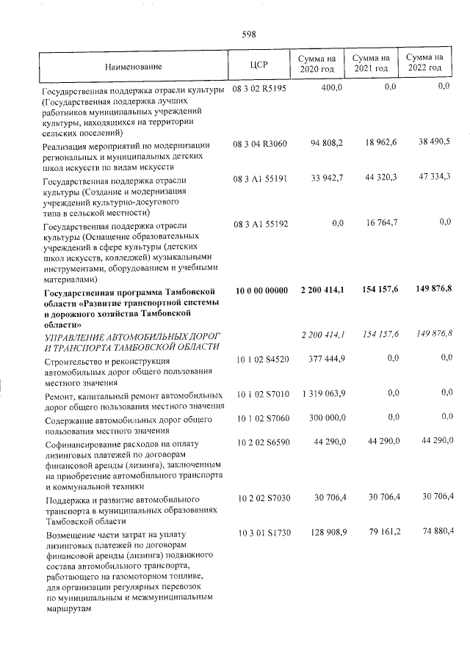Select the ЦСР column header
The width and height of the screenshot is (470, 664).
[259, 64]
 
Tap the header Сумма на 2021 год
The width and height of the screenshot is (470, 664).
[371, 63]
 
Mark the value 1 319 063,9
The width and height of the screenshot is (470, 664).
[323, 394]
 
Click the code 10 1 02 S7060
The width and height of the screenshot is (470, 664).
[261, 417]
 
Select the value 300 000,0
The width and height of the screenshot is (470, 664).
[326, 417]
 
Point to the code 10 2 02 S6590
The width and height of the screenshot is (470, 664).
[261, 441]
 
